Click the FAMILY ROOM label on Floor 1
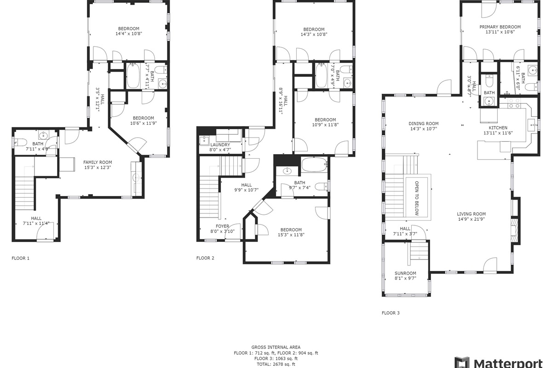(97, 162)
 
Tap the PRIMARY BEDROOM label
(500, 27)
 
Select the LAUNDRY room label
(207, 144)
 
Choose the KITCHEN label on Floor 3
(498, 128)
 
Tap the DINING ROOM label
(423, 123)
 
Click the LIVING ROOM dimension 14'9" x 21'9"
(471, 219)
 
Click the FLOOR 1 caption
(20, 259)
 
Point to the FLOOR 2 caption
(205, 259)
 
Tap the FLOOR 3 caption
(391, 313)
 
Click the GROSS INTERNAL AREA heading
(276, 347)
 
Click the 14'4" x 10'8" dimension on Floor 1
(128, 34)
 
